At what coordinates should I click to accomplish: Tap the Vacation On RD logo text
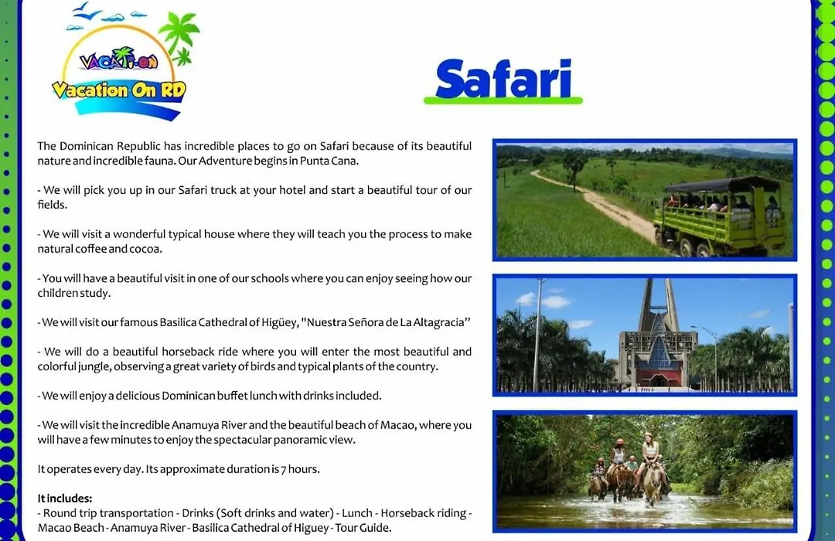(x=119, y=90)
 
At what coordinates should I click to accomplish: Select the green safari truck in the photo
(x=721, y=216)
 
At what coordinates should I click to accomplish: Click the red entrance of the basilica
(x=658, y=376)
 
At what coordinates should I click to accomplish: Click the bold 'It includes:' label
(x=65, y=498)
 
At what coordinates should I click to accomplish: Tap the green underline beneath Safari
(x=503, y=100)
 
